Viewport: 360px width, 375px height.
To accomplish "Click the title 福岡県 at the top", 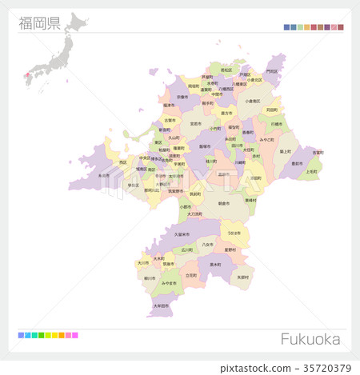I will [x=40, y=22].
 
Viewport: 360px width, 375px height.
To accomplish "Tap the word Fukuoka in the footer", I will [x=310, y=339].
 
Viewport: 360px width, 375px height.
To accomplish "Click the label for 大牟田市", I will [x=161, y=305].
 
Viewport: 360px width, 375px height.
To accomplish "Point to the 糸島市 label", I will [x=104, y=175].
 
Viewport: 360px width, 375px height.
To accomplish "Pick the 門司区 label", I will [x=272, y=70].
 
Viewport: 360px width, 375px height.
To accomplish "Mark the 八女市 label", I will [x=207, y=245].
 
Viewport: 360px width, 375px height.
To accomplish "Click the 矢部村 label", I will [x=243, y=277].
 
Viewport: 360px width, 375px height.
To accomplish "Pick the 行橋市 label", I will [x=277, y=124].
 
